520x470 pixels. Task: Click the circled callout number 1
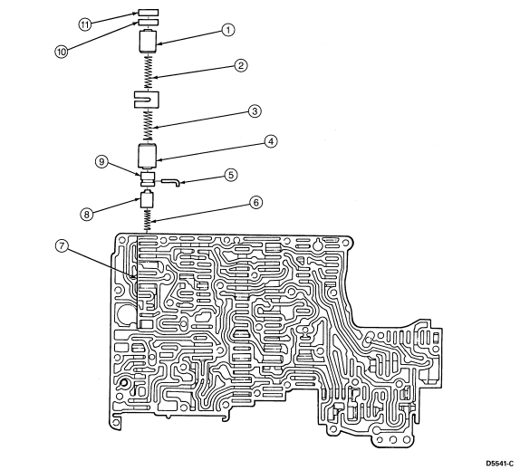[x=228, y=30]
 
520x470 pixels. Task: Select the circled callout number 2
[x=241, y=65]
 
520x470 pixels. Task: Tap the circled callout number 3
[x=255, y=111]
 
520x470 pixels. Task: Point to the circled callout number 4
[x=271, y=141]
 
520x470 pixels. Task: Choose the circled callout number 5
[x=231, y=175]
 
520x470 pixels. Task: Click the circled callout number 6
[x=255, y=203]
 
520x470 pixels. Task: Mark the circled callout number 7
[x=62, y=247]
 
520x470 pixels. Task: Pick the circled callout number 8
[x=87, y=214]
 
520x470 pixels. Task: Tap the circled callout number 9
[x=101, y=162]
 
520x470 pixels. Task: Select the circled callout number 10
[x=62, y=52]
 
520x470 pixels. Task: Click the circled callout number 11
[x=85, y=24]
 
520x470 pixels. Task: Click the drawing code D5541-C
[x=499, y=463]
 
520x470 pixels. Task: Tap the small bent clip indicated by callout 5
[x=171, y=182]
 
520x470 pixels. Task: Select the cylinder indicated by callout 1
[x=148, y=41]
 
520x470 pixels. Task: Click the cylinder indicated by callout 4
[x=148, y=156]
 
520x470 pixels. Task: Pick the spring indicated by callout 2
[x=149, y=72]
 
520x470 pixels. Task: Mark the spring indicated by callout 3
[x=149, y=125]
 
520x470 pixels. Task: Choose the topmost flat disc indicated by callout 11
[x=149, y=13]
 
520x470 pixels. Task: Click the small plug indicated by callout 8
[x=148, y=199]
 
